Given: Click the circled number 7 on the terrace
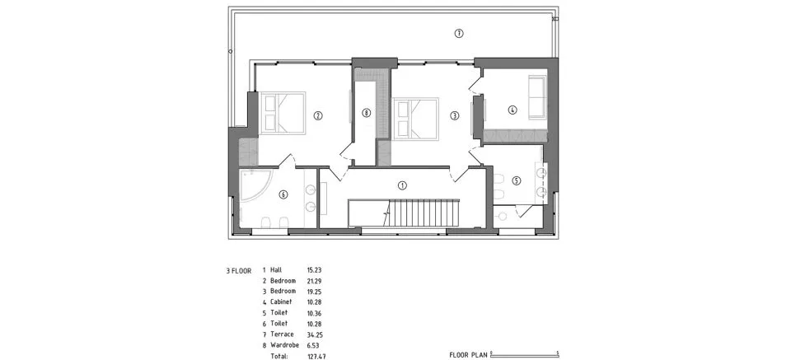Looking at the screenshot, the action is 459,34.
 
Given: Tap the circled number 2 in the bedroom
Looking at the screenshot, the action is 318,115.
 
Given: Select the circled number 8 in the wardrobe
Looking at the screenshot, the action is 366,114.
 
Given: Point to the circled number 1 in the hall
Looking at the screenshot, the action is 402,185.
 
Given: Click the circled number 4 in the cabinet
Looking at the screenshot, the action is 513,109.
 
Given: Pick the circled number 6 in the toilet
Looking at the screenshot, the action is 283,194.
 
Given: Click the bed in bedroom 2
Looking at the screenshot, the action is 283,112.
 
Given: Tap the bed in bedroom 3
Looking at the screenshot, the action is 415,118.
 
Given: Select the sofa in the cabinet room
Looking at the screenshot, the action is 537,97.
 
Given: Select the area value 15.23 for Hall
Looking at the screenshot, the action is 314,270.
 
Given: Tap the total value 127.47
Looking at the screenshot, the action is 316,356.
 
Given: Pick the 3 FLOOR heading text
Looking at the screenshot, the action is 239,271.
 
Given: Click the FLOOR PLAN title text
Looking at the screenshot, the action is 468,354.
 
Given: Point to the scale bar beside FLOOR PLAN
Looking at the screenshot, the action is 525,353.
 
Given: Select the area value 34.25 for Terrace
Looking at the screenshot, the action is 314,334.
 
